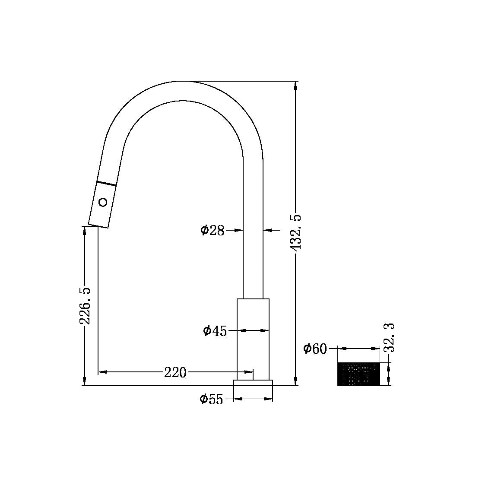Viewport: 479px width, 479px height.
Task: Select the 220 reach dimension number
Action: [x=175, y=372]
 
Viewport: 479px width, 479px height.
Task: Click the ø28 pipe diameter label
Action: [x=213, y=230]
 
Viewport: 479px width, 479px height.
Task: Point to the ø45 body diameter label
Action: [x=215, y=331]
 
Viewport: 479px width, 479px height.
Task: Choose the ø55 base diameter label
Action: [x=211, y=400]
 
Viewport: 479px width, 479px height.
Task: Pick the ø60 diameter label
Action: [x=315, y=349]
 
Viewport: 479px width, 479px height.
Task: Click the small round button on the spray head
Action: [x=103, y=202]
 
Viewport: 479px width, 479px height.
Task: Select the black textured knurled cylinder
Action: [x=358, y=374]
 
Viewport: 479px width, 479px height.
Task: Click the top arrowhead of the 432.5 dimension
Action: [x=295, y=85]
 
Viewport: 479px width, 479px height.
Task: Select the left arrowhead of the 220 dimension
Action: [x=102, y=371]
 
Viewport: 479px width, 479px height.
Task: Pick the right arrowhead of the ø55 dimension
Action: [x=269, y=399]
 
